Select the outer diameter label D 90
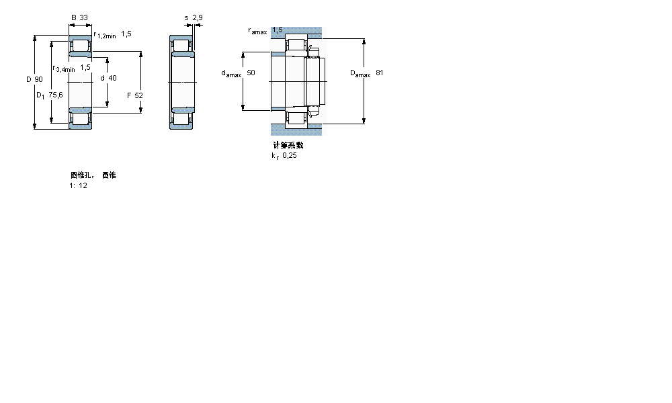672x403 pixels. click(34, 80)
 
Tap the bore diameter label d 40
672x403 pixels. click(108, 78)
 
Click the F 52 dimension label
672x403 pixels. click(135, 95)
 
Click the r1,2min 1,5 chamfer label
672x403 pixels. click(112, 35)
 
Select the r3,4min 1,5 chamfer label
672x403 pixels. click(72, 68)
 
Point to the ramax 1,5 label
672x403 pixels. click(265, 31)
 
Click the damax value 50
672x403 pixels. click(251, 73)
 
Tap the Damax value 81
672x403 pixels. click(380, 73)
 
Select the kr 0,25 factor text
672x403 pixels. click(284, 155)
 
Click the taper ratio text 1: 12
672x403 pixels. click(79, 185)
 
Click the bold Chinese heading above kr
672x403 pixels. click(288, 145)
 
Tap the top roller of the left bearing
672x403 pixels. click(81, 46)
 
